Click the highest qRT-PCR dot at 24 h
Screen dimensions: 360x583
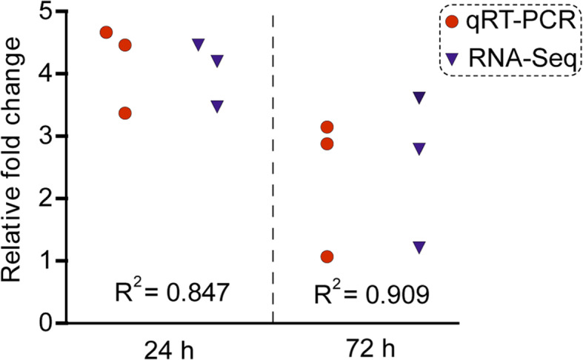(106, 33)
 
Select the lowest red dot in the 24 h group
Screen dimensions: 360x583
(124, 113)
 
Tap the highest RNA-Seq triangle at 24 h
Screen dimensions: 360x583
(198, 44)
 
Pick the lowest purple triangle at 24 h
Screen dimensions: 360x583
(217, 106)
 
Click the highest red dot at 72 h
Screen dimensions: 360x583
(327, 127)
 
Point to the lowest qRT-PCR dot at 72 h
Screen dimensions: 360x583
(327, 256)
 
